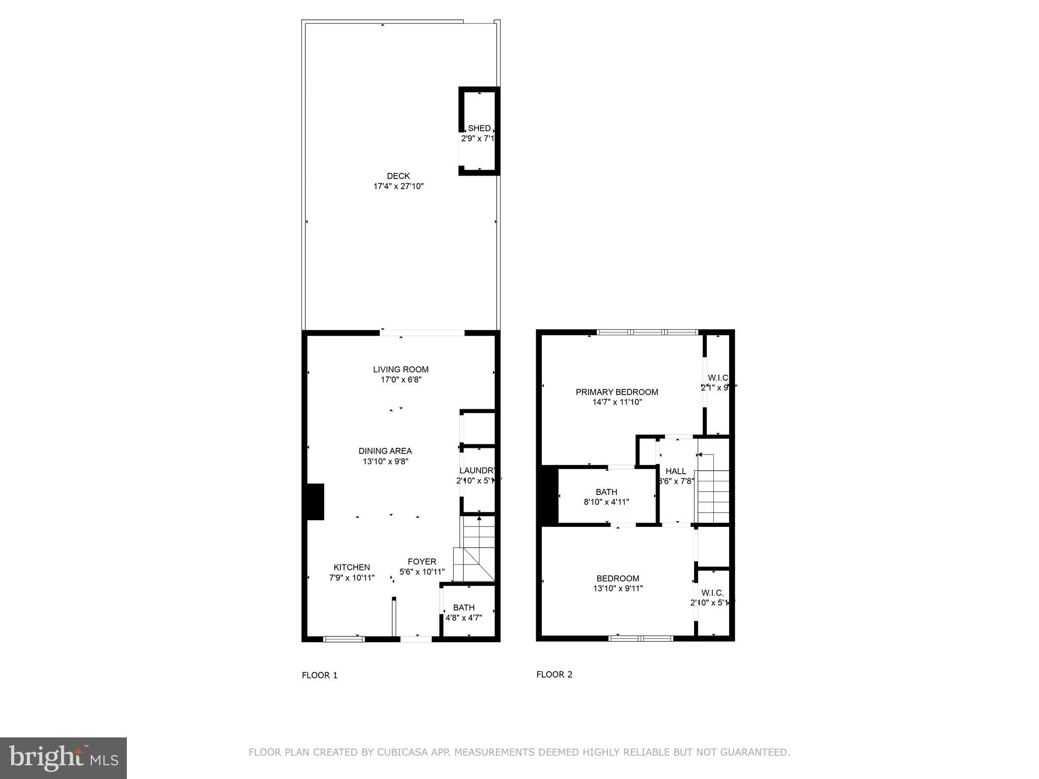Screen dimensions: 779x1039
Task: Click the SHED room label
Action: click(x=479, y=128)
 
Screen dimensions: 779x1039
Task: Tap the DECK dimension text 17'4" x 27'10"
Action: click(x=398, y=186)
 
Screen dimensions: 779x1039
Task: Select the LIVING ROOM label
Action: click(x=401, y=369)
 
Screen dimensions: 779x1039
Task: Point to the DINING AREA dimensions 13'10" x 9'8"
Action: click(x=385, y=462)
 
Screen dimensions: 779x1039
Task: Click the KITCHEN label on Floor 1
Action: click(x=352, y=567)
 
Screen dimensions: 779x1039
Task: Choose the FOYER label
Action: click(x=422, y=561)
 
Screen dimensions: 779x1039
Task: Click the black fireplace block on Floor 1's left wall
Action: click(x=315, y=502)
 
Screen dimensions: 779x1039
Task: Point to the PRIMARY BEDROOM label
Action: click(x=616, y=392)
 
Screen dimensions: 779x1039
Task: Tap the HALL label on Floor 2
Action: click(x=676, y=471)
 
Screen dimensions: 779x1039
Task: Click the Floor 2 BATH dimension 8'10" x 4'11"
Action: click(x=606, y=502)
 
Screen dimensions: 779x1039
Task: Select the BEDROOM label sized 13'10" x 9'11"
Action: click(x=617, y=578)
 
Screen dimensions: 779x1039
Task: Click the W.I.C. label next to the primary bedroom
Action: click(x=718, y=378)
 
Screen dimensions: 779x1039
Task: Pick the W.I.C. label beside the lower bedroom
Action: click(x=712, y=593)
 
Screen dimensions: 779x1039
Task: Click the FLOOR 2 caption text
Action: click(x=554, y=674)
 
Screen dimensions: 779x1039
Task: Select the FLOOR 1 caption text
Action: click(x=320, y=675)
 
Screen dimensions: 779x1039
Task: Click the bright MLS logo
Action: click(x=63, y=758)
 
